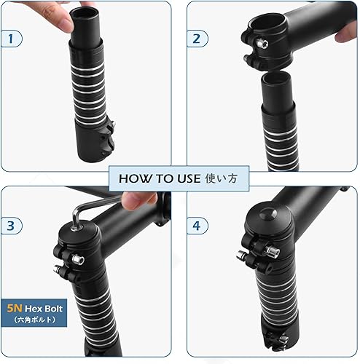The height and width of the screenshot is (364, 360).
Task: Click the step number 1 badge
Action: (x=10, y=39)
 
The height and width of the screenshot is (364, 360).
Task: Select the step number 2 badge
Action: (x=196, y=39)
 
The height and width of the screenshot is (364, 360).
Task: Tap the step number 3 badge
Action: (x=10, y=225)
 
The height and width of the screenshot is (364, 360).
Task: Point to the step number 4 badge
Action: (x=196, y=225)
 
